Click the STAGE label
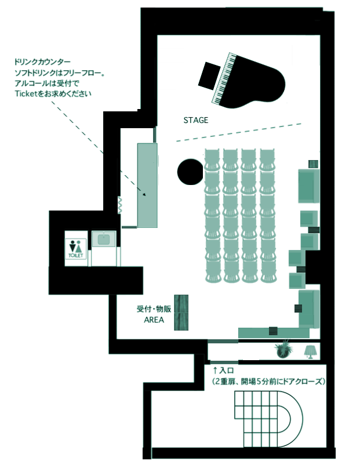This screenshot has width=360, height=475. point(195,120)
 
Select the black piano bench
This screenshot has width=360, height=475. point(209,76)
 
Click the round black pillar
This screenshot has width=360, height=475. point(190,172)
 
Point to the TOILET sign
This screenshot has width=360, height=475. point(76,249)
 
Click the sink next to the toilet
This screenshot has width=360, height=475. point(104,239)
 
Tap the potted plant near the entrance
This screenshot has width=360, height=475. point(284,349)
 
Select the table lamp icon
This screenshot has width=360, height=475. point(310,352)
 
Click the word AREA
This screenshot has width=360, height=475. point(154,320)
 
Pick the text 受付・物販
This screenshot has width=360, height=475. point(154,309)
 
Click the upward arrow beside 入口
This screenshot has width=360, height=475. point(215,370)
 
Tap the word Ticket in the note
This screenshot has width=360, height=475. point(26,93)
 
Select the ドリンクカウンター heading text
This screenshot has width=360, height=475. point(42,62)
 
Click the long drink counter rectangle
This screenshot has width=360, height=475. point(147,186)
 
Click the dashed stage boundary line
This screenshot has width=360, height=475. point(239,132)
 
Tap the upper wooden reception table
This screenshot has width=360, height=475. point(181,304)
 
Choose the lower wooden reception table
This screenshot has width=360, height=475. point(181,322)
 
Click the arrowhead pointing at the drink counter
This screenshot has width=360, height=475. point(144,194)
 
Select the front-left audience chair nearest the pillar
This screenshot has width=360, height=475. point(212,160)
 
